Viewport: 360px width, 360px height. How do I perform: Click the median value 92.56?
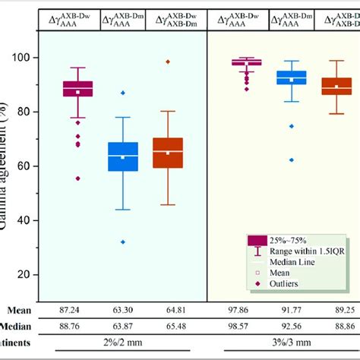point(292,326)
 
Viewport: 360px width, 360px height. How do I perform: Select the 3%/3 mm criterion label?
point(292,343)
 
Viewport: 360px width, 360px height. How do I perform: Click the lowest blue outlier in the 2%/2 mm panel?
point(123,242)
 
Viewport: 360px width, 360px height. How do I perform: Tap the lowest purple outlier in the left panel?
point(77,178)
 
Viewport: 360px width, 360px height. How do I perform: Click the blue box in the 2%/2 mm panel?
point(123,156)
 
